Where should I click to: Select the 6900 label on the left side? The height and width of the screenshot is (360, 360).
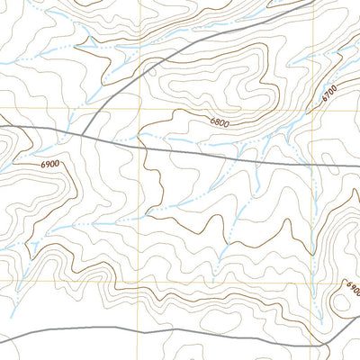[49, 164]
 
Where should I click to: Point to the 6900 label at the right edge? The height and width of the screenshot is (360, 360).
[352, 290]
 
